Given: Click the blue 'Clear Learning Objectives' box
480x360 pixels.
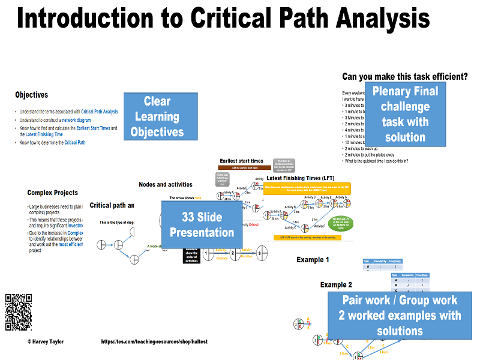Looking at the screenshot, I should pyautogui.click(x=157, y=117).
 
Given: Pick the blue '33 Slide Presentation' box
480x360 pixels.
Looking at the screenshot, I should pyautogui.click(x=202, y=224).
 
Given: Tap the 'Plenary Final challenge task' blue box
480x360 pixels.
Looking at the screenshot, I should pyautogui.click(x=405, y=114).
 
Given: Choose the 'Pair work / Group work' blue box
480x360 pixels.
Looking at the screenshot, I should pyautogui.click(x=400, y=315).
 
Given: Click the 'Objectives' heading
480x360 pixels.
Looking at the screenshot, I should pyautogui.click(x=31, y=95).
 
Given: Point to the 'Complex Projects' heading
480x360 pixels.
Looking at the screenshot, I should pyautogui.click(x=52, y=193).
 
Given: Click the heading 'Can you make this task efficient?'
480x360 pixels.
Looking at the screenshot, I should pyautogui.click(x=404, y=76).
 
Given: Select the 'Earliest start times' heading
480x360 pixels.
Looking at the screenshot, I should pyautogui.click(x=241, y=161).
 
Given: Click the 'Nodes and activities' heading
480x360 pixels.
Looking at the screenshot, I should pyautogui.click(x=166, y=184).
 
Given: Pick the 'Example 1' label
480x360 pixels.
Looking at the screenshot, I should pyautogui.click(x=313, y=260).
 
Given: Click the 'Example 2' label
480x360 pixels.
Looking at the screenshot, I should pyautogui.click(x=336, y=284).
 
